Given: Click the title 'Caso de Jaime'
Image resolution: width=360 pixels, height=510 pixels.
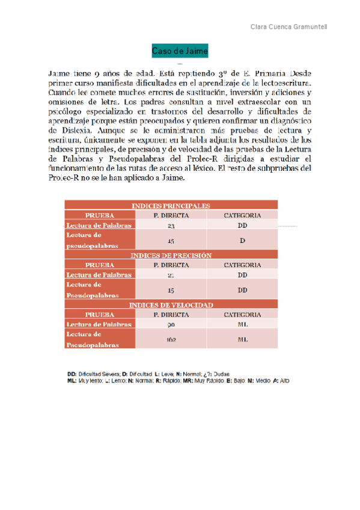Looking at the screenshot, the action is click(x=180, y=52).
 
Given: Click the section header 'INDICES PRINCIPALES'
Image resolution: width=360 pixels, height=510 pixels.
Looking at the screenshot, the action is click(x=171, y=206).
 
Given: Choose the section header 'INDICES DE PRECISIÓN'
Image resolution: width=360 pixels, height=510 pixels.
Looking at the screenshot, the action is click(x=171, y=255).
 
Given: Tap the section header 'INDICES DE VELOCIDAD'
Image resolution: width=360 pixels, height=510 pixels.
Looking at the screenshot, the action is click(x=171, y=305).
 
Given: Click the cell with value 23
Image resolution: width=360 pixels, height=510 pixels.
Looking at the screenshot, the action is click(x=171, y=226).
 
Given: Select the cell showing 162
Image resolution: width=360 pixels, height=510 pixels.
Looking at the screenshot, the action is click(x=171, y=340).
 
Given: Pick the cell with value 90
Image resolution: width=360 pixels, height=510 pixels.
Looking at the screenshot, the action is click(x=171, y=324).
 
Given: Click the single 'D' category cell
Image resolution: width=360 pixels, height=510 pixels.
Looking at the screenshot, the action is click(x=242, y=241).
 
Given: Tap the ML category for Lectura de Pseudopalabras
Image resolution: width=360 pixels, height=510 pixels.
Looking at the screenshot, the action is click(x=242, y=340).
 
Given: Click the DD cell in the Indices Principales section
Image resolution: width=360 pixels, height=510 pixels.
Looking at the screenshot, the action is click(x=242, y=226).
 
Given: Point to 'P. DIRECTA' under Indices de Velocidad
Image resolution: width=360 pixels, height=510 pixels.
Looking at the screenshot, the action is click(x=171, y=315).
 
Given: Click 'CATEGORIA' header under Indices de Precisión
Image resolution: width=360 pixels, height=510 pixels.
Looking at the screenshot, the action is click(x=242, y=265).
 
